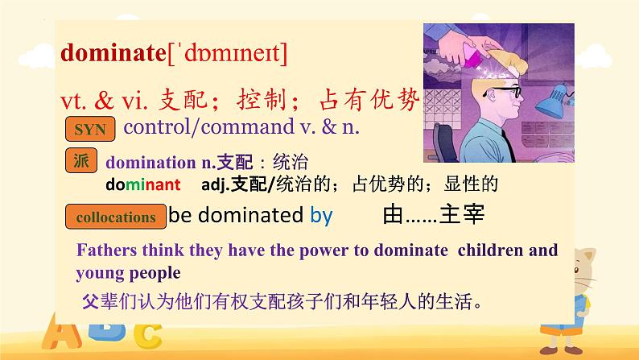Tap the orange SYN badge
pyautogui.click(x=89, y=129)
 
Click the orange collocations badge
pyautogui.click(x=115, y=217)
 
